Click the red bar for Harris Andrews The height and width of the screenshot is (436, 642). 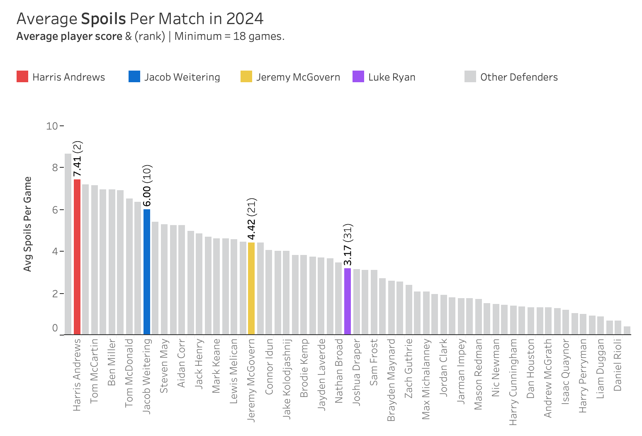[77, 257]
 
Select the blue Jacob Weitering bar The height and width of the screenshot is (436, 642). [147, 272]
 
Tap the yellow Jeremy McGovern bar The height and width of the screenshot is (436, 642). [251, 288]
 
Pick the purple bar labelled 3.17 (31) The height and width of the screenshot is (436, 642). [348, 301]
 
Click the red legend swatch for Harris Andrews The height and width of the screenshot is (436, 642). [22, 77]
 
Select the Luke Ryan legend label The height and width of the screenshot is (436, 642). [392, 77]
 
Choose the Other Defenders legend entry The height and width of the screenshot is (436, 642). [518, 77]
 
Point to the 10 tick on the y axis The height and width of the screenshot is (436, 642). [52, 125]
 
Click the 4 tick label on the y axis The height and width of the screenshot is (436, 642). [55, 251]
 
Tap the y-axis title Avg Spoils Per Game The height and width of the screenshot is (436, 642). [28, 224]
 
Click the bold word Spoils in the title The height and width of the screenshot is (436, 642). [103, 19]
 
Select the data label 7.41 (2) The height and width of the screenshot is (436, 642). [78, 159]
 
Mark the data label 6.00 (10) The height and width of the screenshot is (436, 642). [147, 186]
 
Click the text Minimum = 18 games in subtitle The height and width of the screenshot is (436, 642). [229, 37]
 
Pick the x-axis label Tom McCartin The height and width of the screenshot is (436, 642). [95, 371]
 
